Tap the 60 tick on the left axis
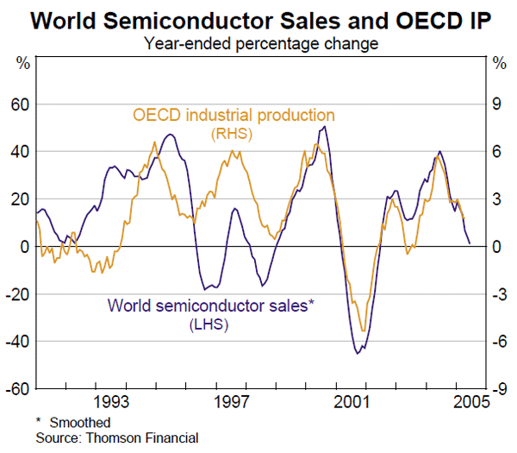(19, 104)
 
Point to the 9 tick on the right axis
(496, 104)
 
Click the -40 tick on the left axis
(17, 342)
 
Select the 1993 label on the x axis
(113, 402)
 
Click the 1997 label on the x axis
(233, 402)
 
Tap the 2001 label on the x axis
(352, 402)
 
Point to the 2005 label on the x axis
(468, 402)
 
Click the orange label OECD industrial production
(233, 115)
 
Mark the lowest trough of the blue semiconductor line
(358, 352)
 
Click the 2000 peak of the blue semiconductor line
(324, 127)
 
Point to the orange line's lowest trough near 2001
(364, 330)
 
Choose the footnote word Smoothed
(85, 423)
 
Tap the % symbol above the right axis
(497, 63)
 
